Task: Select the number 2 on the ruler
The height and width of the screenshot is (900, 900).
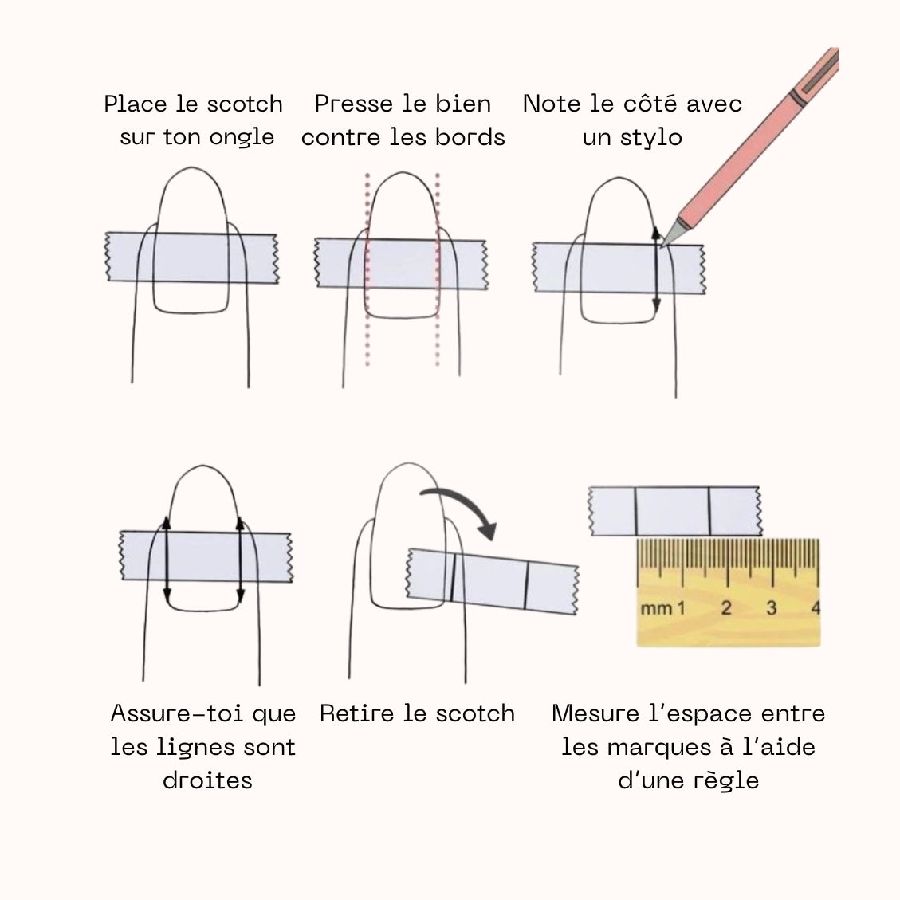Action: pos(726,607)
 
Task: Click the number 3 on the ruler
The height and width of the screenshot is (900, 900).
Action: pos(772,607)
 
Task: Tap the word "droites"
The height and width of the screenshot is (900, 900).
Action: pos(207,780)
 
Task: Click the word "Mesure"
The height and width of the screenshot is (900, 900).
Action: pos(595,713)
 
